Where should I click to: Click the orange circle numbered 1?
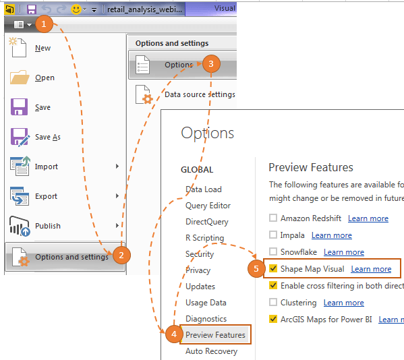[x=44, y=24]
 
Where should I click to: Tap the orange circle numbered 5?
[x=256, y=268]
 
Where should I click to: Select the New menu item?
[x=42, y=48]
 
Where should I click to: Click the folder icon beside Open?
[x=20, y=78]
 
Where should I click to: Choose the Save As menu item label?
[x=48, y=137]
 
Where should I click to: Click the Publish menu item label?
[x=48, y=226]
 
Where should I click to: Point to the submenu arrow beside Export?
[x=117, y=196]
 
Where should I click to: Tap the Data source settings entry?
[x=200, y=94]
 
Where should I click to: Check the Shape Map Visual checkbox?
[x=273, y=268]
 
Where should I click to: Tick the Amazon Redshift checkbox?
[x=273, y=218]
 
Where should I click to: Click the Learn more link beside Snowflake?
[x=344, y=252]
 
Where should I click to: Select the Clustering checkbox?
[x=273, y=302]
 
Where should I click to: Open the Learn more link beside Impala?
[x=332, y=235]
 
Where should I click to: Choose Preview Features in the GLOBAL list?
[x=215, y=335]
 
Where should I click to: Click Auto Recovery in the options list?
[x=212, y=351]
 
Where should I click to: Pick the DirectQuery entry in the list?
[x=207, y=222]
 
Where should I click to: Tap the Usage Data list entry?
[x=206, y=303]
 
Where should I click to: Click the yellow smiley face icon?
[x=76, y=9]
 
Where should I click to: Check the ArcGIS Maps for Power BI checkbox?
[x=273, y=319]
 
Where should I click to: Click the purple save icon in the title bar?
[x=32, y=9]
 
